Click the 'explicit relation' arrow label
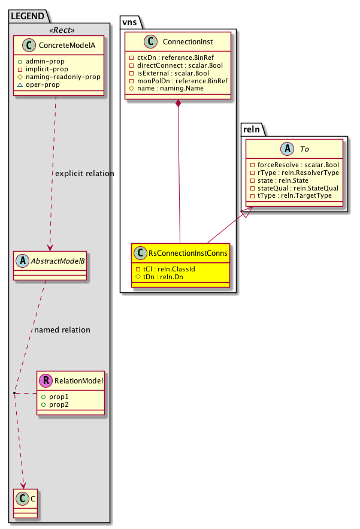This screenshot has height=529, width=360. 84,174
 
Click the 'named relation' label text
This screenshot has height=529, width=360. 62,330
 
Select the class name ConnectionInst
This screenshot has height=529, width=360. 187,41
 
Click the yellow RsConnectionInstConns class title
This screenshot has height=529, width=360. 187,253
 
